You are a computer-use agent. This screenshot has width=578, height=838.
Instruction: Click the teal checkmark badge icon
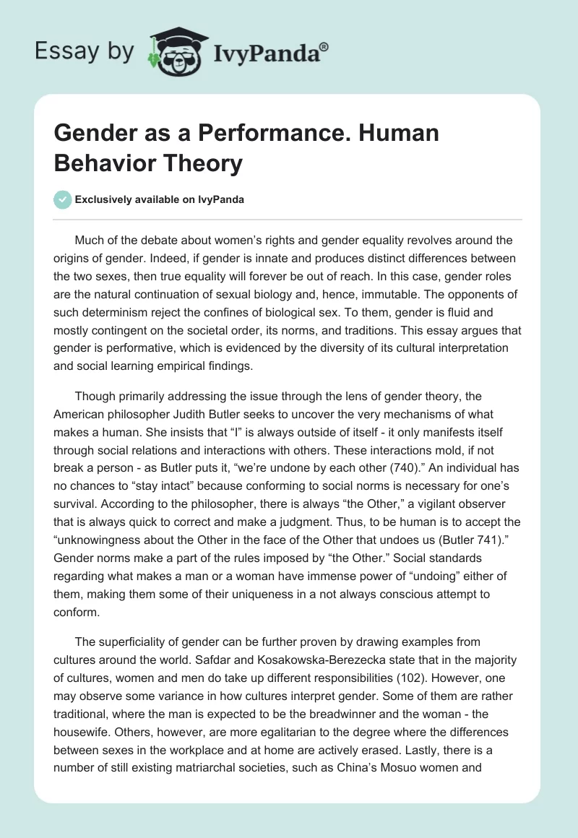coord(63,199)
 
